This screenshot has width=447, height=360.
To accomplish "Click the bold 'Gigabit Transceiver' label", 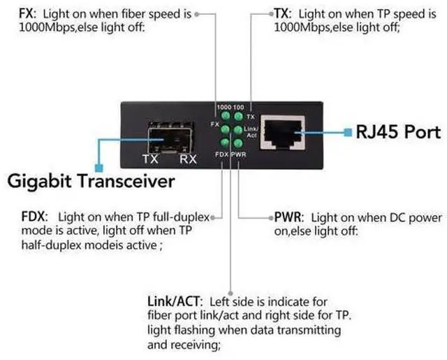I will point(91,182).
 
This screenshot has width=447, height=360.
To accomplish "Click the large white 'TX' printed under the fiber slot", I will point(150,159).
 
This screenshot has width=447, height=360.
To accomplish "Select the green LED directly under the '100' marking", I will point(238,116).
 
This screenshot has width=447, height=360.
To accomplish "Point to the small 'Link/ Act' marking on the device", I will point(251,131).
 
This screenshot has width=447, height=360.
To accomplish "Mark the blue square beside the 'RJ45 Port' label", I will point(347,131).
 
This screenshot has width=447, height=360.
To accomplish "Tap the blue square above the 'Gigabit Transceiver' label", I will point(98,167).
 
